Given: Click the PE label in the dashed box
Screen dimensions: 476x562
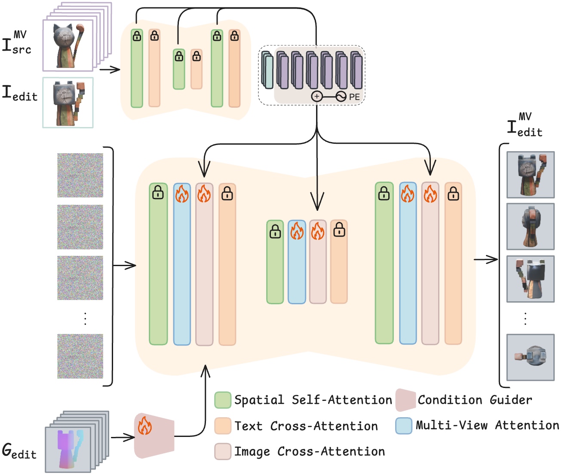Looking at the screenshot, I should point(354,97).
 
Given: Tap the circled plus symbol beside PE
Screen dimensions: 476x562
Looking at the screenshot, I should point(317,97).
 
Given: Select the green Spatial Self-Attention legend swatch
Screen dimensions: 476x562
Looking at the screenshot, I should point(223,400).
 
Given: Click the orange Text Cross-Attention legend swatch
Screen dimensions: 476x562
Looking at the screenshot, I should point(223,426).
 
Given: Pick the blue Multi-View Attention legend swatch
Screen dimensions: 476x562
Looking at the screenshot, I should point(404,426).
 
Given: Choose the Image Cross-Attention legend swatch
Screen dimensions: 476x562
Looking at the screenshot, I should point(223,452).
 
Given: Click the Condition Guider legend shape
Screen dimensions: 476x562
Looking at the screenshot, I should point(405,400).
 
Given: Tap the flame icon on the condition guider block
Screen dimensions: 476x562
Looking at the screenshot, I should point(145,426).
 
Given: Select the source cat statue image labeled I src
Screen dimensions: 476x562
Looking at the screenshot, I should point(68,45).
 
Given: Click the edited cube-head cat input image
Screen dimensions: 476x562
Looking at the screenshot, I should point(68,103).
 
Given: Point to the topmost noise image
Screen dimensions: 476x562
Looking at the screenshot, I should point(80,175).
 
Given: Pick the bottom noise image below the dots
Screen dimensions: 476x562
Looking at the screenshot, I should point(80,356).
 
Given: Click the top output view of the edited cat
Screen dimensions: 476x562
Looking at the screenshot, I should point(530,175).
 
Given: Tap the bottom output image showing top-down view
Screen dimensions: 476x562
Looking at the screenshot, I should point(530,358).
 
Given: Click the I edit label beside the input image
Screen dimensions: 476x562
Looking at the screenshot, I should point(20,94).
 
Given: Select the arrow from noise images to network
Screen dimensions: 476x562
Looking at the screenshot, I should point(124,266).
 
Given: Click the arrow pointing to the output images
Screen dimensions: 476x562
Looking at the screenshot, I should point(486,260).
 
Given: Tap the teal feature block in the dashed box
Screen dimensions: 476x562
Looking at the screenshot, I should point(269,72).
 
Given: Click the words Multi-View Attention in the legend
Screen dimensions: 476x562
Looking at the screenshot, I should point(487,425).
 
